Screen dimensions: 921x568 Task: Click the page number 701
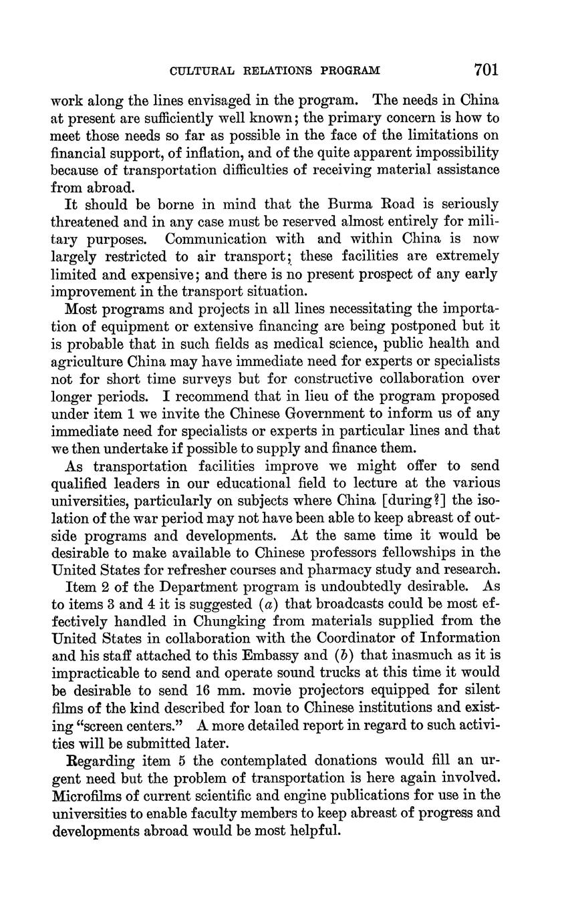tap(486, 69)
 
